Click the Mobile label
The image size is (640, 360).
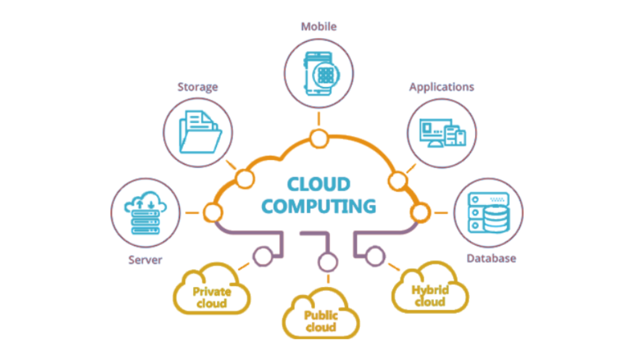[319, 27]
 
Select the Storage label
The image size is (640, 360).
[197, 87]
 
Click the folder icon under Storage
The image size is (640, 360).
[199, 132]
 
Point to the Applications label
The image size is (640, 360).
[442, 87]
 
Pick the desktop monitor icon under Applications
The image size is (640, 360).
[435, 131]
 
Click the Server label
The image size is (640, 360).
[145, 259]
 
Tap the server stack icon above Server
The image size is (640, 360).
[144, 215]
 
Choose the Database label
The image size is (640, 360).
[491, 258]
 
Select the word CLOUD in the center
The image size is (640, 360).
[319, 184]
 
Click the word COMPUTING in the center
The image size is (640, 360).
[319, 206]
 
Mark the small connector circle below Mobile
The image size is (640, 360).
[319, 137]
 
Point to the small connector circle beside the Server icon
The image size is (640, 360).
[214, 214]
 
